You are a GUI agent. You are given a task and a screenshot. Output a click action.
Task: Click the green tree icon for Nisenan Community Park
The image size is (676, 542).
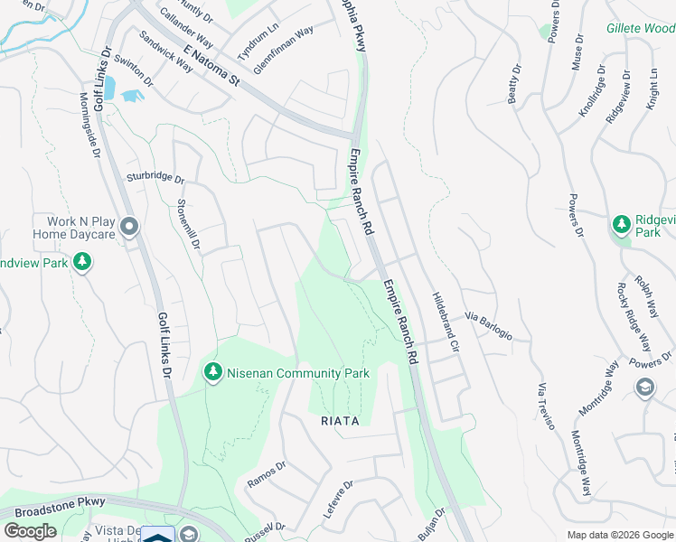coord(212,372)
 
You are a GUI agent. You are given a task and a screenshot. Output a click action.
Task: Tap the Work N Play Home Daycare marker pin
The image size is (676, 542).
coord(129,226)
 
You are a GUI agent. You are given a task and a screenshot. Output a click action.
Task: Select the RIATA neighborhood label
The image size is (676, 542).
coord(340,421)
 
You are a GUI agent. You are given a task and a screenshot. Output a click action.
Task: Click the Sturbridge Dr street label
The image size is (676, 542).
coord(155,179)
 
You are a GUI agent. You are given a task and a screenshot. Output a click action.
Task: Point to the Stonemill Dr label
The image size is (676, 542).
coord(187,224)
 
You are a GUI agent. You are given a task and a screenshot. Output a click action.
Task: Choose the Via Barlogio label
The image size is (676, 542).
coord(489,327)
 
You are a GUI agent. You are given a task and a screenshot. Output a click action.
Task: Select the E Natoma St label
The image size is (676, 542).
coord(210,67)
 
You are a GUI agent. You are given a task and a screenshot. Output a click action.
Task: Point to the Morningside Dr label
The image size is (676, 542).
coord(89,126)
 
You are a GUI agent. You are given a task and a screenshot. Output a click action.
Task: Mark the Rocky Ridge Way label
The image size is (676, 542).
coord(634,317)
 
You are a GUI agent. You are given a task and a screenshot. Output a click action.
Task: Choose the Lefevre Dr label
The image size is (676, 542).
coord(337,500)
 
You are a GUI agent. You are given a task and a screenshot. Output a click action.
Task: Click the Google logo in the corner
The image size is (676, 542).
coord(30,531)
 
